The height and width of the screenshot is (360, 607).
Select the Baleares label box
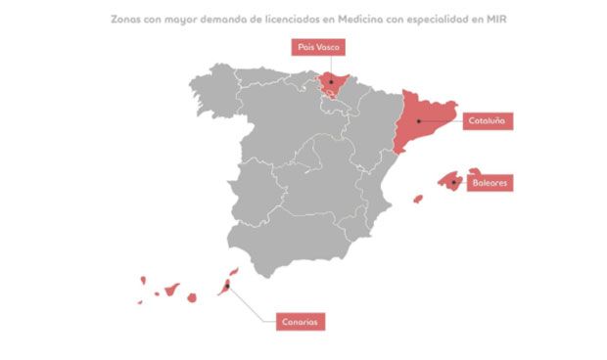point(490,183)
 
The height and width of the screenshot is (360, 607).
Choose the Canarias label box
point(300,321)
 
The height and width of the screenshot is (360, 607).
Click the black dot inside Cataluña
point(418,120)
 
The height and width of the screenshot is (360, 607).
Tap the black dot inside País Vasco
point(331,80)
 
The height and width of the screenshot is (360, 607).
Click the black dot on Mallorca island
point(453,181)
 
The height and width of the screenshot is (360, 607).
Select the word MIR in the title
point(505,17)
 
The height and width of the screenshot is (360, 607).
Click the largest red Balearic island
point(450,179)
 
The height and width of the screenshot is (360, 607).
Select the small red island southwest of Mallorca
point(418,199)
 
